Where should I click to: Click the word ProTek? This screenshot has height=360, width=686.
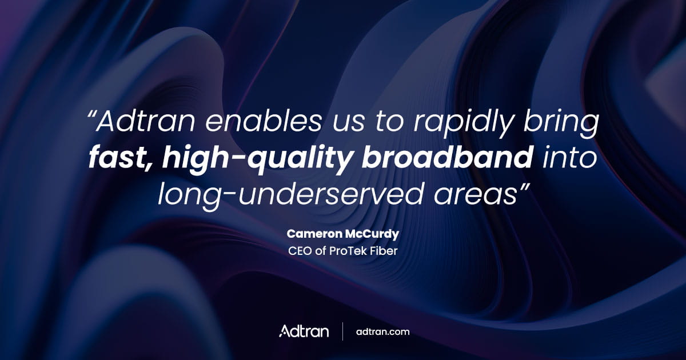pos(346,250)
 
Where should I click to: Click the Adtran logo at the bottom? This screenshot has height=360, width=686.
pos(304,331)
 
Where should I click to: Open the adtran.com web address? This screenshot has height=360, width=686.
pos(382,331)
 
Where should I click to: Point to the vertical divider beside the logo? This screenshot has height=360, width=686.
pos(342,331)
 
